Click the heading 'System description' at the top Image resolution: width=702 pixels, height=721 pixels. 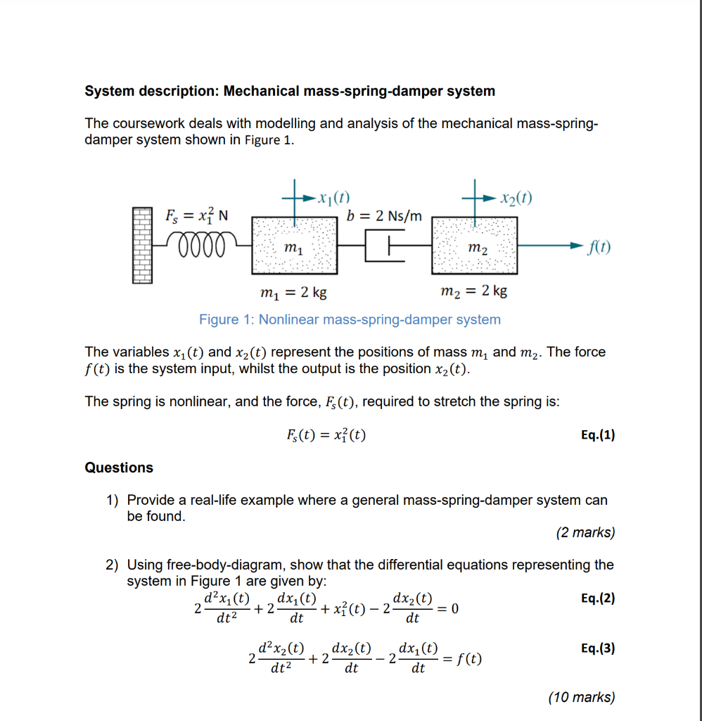coord(290,92)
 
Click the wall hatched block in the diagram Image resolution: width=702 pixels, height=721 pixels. coord(142,245)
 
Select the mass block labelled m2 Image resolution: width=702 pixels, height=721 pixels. coord(475,246)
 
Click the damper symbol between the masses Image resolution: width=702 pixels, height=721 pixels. coord(385,246)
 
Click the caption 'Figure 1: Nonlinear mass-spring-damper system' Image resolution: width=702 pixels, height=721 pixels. coord(350,320)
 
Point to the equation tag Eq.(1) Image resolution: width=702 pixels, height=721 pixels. coord(598,435)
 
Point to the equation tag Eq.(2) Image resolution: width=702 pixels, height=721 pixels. coord(598,598)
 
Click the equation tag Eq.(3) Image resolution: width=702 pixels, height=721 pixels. coord(598,648)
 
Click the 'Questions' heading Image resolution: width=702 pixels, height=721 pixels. coord(119,468)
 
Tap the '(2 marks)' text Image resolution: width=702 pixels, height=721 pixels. coord(585,533)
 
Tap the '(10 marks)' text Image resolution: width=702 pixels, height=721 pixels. coord(581,698)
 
